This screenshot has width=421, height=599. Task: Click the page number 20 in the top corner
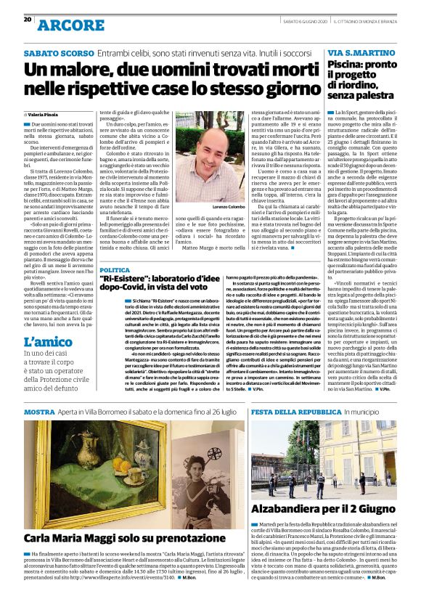(x=28, y=20)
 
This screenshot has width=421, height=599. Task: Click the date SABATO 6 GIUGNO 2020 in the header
(x=306, y=21)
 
